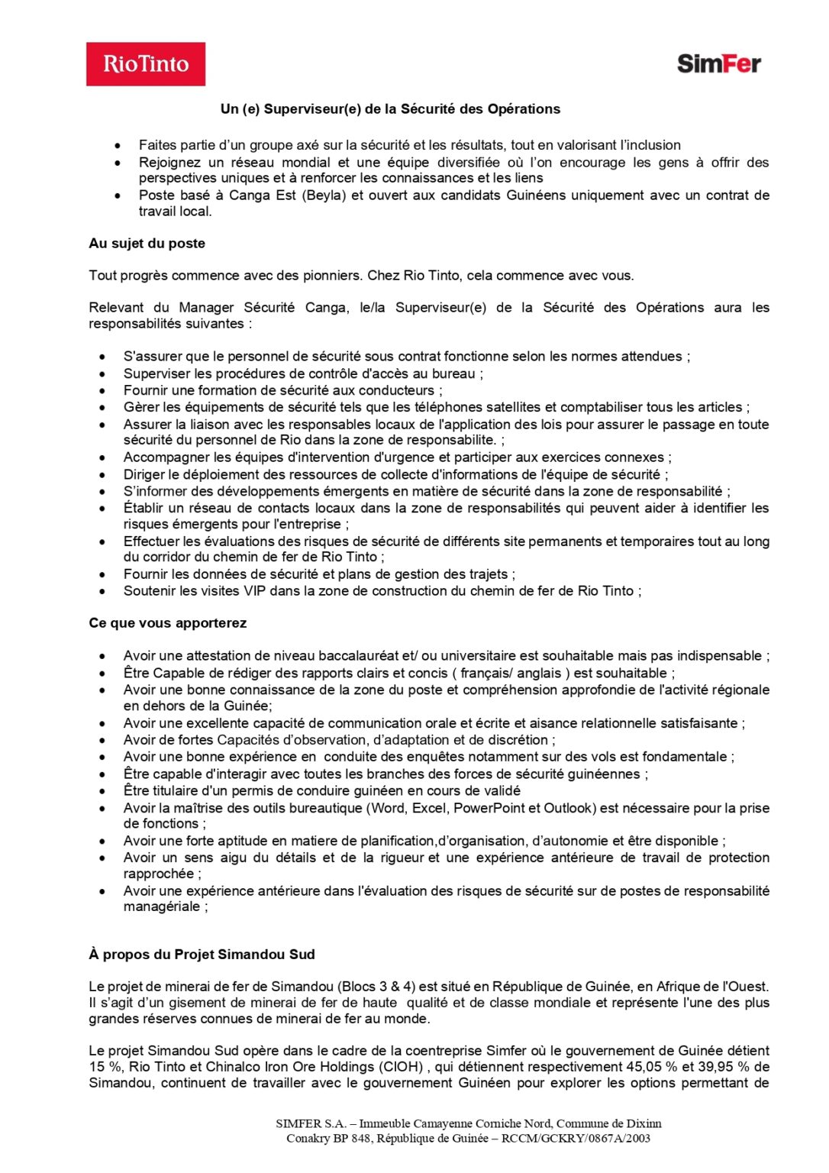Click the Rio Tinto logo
pyautogui.click(x=146, y=64)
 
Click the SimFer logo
pyautogui.click(x=718, y=63)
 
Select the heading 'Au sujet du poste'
pyautogui.click(x=147, y=244)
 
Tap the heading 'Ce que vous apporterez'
pyautogui.click(x=167, y=623)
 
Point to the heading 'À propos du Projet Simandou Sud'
pyautogui.click(x=202, y=955)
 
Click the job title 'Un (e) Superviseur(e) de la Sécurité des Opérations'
pyautogui.click(x=390, y=109)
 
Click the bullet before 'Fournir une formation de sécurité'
pyautogui.click(x=102, y=391)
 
